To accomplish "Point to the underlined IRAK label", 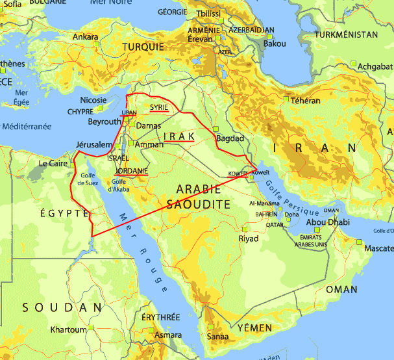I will coord(179,136).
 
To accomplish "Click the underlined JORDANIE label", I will coord(131,171).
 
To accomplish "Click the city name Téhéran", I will coord(305,101).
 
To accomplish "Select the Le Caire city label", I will coord(53,164).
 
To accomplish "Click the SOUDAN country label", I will coord(62,307).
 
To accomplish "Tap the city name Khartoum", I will coord(68,330).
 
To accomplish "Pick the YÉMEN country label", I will coord(254,328).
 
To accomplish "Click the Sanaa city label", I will coord(217,337).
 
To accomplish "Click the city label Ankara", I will coord(85,37).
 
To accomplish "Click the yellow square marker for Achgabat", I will coord(354,63).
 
